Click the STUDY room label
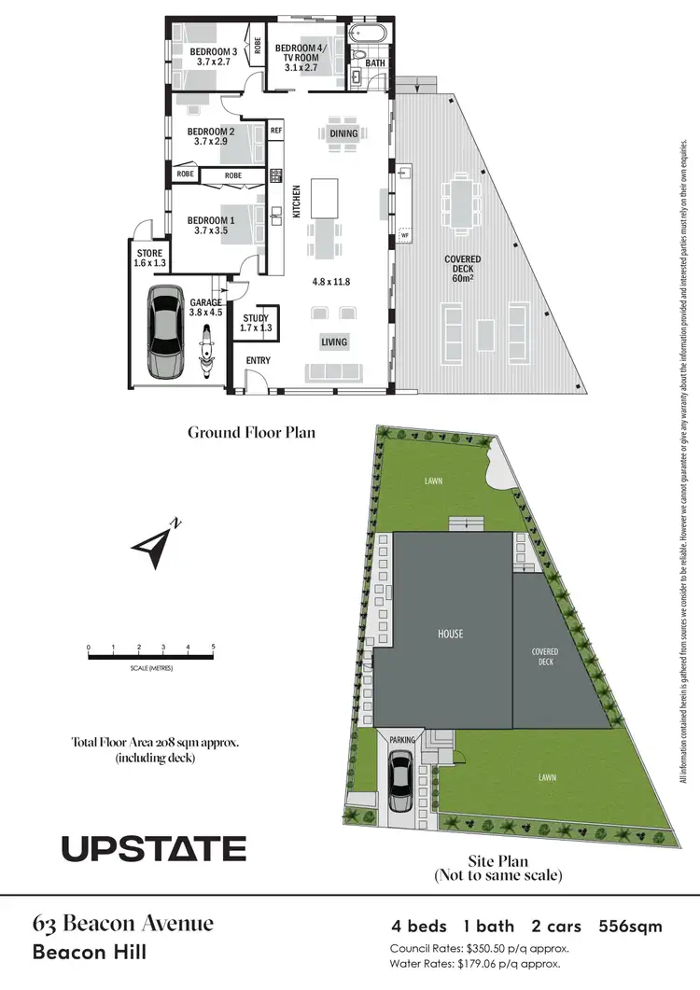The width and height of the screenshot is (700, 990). coord(255,317)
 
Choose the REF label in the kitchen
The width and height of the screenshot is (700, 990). coord(276,132)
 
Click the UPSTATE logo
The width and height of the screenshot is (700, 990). coord(154,848)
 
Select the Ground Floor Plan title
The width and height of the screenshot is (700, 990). coord(251,432)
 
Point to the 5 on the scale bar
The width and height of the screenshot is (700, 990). coord(214,647)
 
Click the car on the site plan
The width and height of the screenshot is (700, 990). coord(402,782)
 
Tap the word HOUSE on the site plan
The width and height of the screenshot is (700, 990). coord(450,634)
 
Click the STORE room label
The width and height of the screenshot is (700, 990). coord(150,253)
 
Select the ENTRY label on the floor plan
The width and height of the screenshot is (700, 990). coord(258,361)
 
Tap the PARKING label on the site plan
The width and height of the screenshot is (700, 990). coord(402,739)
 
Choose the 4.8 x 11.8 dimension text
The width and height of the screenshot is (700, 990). coord(329,282)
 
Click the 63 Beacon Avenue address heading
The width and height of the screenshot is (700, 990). coord(123,925)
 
